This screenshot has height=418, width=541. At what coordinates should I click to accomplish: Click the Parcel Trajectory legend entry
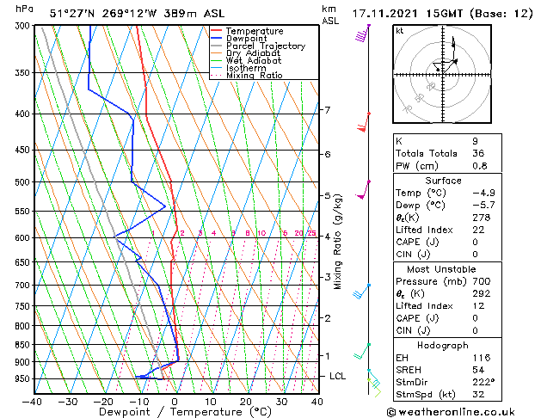point(265,46)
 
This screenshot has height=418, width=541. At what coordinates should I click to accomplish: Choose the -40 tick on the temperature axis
point(33,401)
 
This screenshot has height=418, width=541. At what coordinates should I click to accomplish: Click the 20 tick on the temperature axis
point(246,401)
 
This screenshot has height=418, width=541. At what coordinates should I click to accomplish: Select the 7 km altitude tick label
point(327,110)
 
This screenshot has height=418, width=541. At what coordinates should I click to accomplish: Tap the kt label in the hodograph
point(399,30)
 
